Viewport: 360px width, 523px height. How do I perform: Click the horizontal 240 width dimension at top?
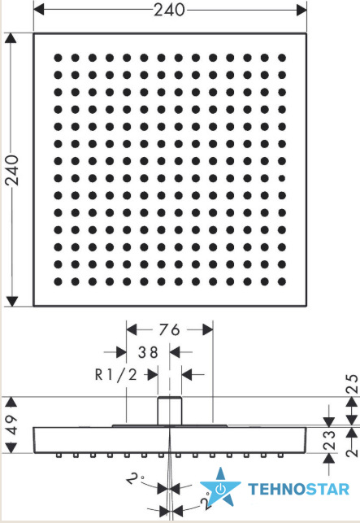169,10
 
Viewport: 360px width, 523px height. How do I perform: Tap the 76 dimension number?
169,330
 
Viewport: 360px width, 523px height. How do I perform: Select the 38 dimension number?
148,352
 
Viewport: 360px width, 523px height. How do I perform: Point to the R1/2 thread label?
116,375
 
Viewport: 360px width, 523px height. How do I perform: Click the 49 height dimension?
11,425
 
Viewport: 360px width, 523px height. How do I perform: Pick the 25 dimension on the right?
352,384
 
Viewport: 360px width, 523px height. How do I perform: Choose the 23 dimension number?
328,440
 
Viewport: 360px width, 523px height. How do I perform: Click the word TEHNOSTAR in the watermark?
299,490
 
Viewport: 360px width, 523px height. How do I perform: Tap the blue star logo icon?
220,488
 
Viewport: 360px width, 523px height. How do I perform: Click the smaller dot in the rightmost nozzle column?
282,178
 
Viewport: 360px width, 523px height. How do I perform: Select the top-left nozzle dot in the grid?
58,58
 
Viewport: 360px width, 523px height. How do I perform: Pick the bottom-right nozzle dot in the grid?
282,281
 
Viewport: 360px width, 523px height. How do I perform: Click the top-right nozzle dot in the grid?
282,58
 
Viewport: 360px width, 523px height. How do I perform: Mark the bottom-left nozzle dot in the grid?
58,281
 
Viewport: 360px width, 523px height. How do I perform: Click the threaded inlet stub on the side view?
170,411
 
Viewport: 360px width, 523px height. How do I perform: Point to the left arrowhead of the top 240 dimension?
39,10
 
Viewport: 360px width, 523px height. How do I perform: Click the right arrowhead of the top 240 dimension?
301,10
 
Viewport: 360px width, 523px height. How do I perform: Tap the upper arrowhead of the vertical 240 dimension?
12,38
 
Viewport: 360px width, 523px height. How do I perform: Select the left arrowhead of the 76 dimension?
132,330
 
